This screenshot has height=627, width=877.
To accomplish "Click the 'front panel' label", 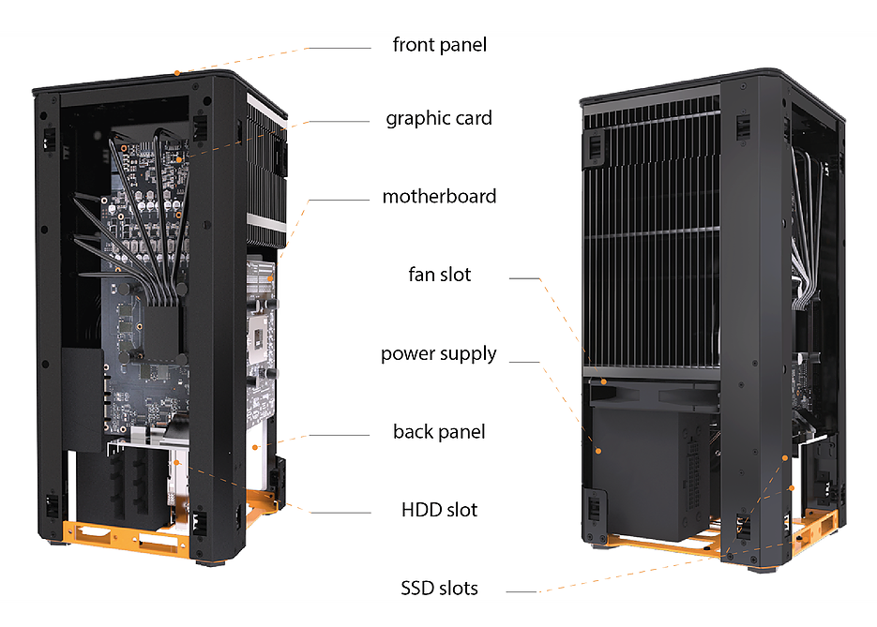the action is pyautogui.click(x=440, y=45).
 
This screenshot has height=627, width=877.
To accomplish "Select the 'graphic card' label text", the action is pyautogui.click(x=439, y=118).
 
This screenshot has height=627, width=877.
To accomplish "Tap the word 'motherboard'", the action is pyautogui.click(x=439, y=196).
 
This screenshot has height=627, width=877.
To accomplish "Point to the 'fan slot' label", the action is pyautogui.click(x=440, y=275).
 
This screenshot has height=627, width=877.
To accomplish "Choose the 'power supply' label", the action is pyautogui.click(x=439, y=354).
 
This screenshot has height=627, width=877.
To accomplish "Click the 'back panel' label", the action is pyautogui.click(x=439, y=431).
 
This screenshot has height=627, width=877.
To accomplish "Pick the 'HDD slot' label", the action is pyautogui.click(x=439, y=510).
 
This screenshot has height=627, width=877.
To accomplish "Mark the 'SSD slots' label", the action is pyautogui.click(x=439, y=588).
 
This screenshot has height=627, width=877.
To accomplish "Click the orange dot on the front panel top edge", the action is pyautogui.click(x=176, y=73).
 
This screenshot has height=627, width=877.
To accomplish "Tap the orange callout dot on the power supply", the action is pyautogui.click(x=598, y=451).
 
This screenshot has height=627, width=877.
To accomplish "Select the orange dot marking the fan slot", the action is pyautogui.click(x=604, y=381).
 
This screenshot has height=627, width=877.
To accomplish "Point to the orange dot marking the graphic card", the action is pyautogui.click(x=179, y=160).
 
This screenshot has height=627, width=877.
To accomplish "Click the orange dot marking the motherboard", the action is pyautogui.click(x=270, y=278).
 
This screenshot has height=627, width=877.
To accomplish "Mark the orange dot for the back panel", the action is pyautogui.click(x=255, y=448).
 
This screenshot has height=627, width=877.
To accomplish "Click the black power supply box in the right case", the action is pyautogui.click(x=649, y=472).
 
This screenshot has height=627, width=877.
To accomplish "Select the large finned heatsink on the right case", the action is pyautogui.click(x=652, y=234).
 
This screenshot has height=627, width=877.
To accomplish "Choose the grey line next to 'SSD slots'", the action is pyautogui.click(x=522, y=591).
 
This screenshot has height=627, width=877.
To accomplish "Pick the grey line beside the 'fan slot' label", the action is pyautogui.click(x=524, y=277).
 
